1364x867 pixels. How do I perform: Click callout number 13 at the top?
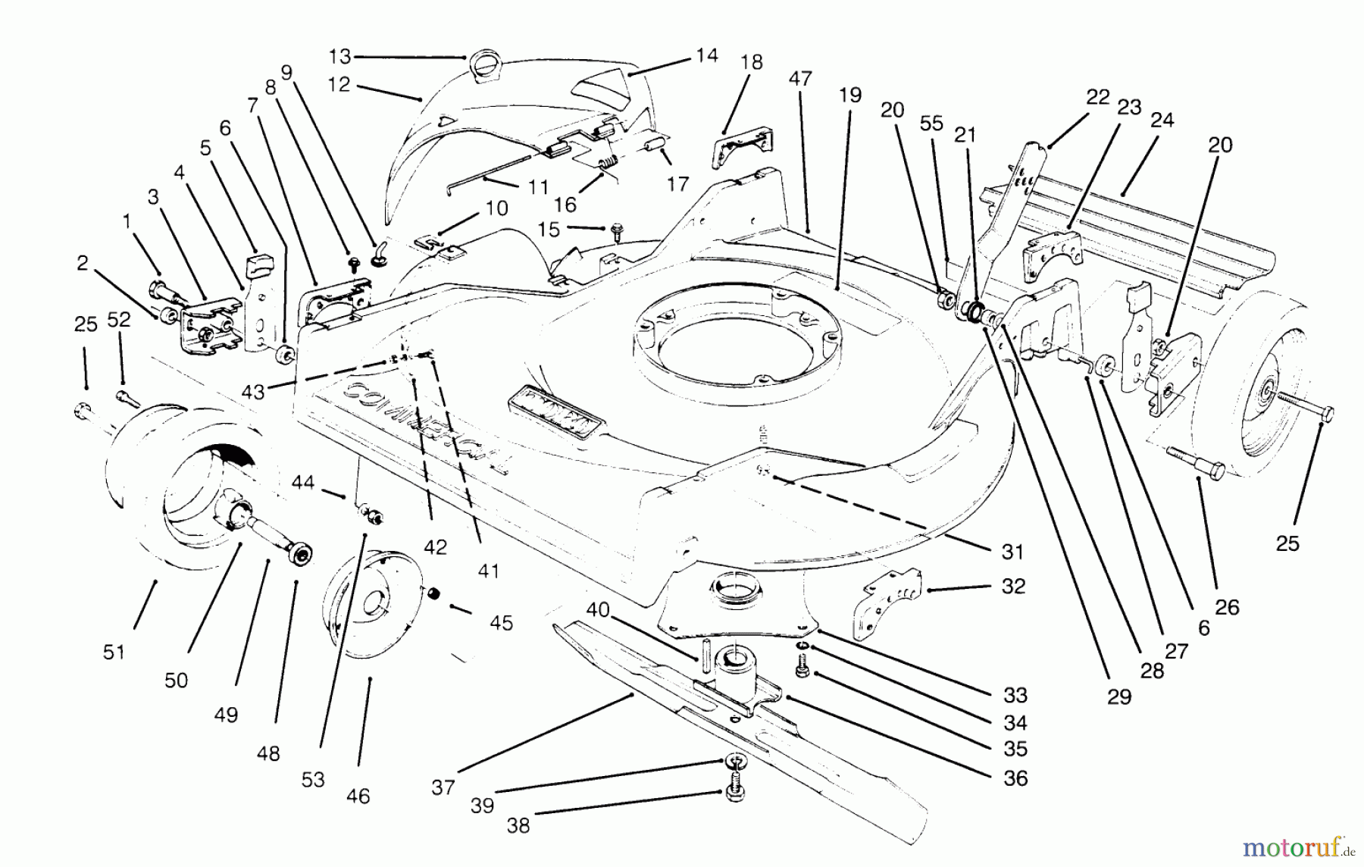[x=340, y=56]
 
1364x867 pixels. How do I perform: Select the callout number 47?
[x=800, y=78]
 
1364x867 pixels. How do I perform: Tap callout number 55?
[x=931, y=124]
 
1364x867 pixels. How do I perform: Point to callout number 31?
[x=1013, y=552]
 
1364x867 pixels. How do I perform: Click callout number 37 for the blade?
[x=443, y=787]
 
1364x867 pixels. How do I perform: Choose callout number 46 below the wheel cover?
[x=358, y=796]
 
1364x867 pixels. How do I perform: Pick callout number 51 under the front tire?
[x=114, y=652]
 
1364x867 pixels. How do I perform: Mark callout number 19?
[x=850, y=95]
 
